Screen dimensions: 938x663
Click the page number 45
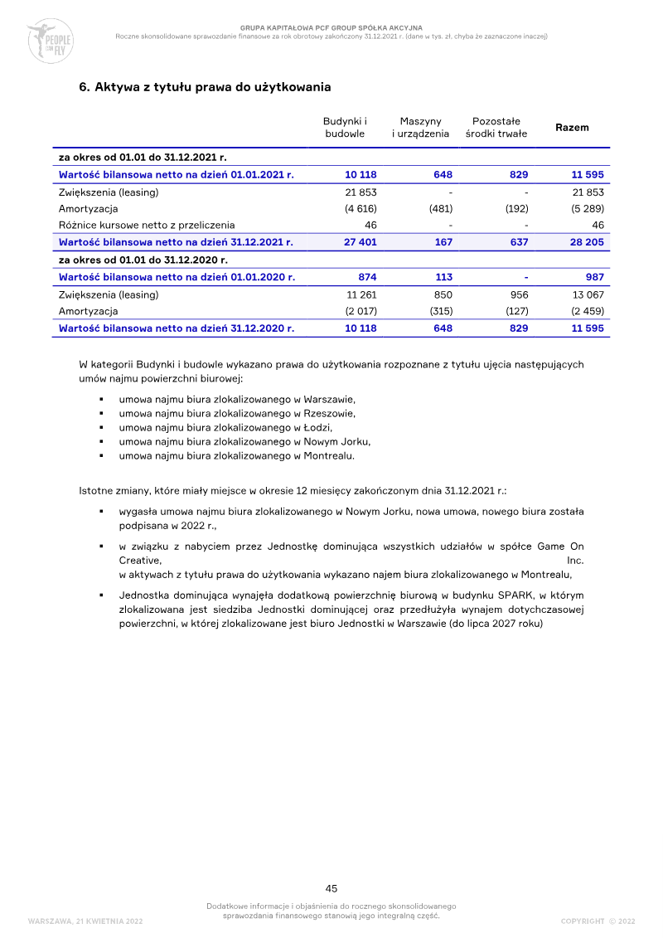click(x=331, y=888)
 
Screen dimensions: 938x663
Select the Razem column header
click(x=572, y=128)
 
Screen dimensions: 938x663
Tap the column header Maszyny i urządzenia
click(x=420, y=127)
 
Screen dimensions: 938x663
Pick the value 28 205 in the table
click(x=588, y=241)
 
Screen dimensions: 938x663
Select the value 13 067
click(x=588, y=294)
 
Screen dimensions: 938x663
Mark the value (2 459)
click(x=587, y=311)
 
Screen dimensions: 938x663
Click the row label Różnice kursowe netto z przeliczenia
click(x=146, y=225)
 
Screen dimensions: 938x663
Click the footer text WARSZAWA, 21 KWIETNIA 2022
click(x=85, y=921)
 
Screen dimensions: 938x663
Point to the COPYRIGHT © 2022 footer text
click(x=598, y=921)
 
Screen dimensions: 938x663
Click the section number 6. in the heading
click(x=84, y=86)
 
